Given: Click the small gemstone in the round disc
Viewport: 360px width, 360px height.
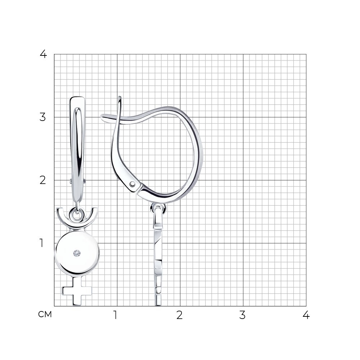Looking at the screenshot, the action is pos(77,253).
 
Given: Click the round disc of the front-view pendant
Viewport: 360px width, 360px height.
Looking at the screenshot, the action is pos(77,253).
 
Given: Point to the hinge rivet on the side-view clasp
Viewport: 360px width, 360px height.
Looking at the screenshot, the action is pos(132,184).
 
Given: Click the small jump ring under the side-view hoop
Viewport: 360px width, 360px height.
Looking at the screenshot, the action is pos(158,208).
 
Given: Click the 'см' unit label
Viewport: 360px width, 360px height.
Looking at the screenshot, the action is pos(45,314).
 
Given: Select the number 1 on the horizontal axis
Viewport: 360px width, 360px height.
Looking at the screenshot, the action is pos(116,315).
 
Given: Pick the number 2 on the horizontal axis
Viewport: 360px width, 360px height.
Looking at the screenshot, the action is pos(180,315).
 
